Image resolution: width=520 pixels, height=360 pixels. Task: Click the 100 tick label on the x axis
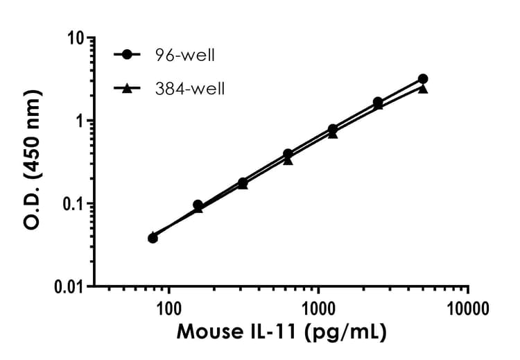tap(168, 305)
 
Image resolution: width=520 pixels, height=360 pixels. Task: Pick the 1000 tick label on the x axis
tap(318, 305)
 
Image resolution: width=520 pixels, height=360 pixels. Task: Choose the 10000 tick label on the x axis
tap(468, 305)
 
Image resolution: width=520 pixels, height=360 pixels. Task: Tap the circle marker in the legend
tap(128, 54)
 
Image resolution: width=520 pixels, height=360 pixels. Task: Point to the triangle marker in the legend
tap(128, 88)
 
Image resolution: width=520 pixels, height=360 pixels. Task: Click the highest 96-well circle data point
tap(423, 79)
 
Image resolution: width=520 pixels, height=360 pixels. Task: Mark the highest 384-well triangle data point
tap(423, 89)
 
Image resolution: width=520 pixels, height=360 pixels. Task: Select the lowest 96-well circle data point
tap(153, 238)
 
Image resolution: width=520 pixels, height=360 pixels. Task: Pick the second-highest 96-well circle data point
tap(378, 102)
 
